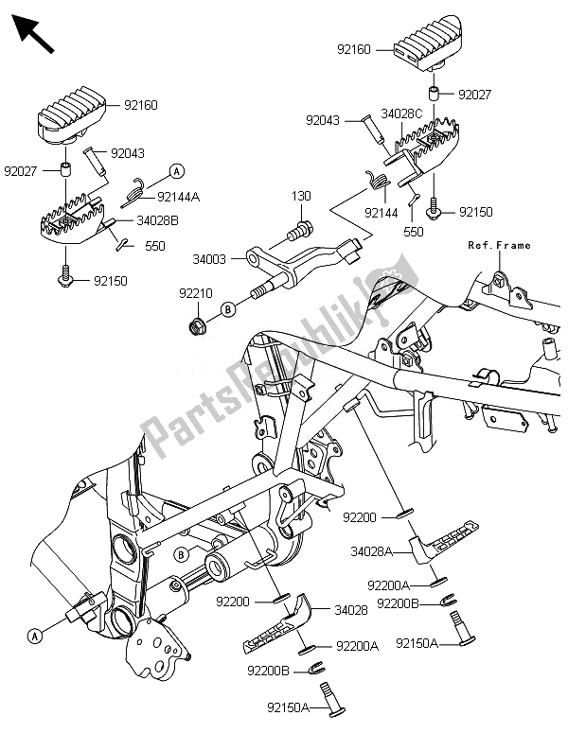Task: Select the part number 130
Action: [301, 195]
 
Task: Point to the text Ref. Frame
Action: [499, 245]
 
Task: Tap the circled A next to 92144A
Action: [176, 170]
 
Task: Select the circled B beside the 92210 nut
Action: [229, 308]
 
